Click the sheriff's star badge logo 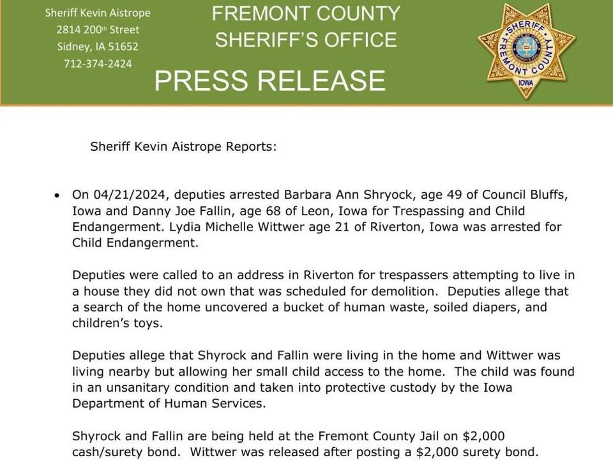[x=526, y=52]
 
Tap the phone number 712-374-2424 [x=98, y=64]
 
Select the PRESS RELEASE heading [x=269, y=81]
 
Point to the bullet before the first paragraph [x=58, y=195]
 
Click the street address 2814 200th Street [x=98, y=29]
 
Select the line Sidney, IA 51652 [x=98, y=47]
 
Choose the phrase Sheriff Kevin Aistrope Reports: [x=183, y=146]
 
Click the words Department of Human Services [x=169, y=404]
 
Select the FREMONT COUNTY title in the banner [x=306, y=13]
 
